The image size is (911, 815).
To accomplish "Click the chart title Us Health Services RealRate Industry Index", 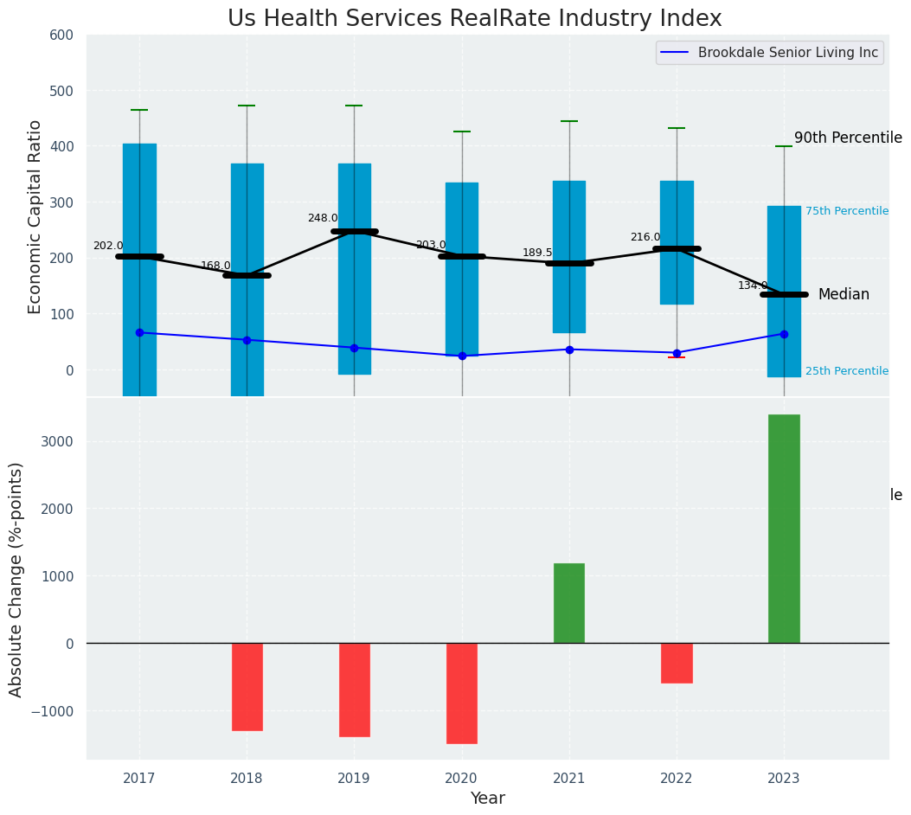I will [474, 19].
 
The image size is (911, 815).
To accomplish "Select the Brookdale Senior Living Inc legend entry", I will [788, 53].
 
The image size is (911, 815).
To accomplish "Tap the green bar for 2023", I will [784, 529].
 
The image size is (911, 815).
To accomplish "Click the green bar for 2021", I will [569, 603].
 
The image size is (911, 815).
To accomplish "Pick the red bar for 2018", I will [247, 687].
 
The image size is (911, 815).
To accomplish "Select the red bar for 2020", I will [462, 693].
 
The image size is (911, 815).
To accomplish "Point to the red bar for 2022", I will [677, 663].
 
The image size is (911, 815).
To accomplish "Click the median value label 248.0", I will [323, 218].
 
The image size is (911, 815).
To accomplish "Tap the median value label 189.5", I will [537, 253].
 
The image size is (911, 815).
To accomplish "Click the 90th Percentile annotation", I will [848, 138].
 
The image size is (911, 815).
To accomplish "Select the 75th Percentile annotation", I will [846, 211].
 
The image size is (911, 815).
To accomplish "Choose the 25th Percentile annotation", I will [846, 371].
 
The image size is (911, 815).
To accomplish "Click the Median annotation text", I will [844, 295].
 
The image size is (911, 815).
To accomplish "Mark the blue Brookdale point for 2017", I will [139, 332].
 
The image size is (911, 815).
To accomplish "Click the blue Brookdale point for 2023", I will [784, 334].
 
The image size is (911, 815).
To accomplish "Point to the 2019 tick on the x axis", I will [354, 779].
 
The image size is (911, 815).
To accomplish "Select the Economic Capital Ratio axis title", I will [35, 217].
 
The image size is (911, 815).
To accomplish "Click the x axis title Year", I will [487, 799].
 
